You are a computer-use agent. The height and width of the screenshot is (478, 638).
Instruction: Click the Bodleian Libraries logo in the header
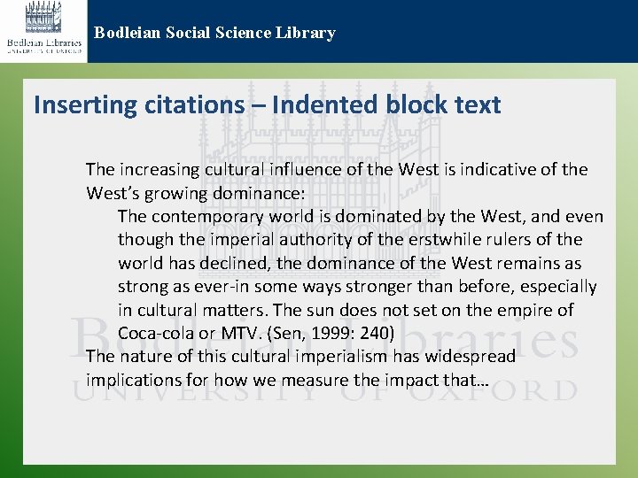pyautogui.click(x=44, y=30)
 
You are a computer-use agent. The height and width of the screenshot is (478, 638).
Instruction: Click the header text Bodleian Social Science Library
pyautogui.click(x=215, y=34)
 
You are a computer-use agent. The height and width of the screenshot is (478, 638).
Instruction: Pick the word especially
pyautogui.click(x=559, y=287)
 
